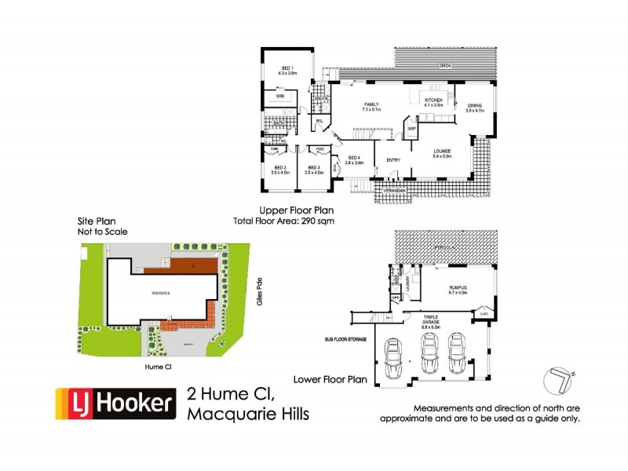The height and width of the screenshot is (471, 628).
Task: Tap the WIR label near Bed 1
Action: point(278,97)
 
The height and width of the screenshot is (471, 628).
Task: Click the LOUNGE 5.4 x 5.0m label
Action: point(444,153)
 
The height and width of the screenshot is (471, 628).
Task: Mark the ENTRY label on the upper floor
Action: point(393,161)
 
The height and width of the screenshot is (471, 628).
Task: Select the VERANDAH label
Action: point(395,191)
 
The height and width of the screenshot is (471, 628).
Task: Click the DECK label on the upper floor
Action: point(445,64)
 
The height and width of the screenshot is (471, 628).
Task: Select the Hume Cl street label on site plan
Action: point(159,366)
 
